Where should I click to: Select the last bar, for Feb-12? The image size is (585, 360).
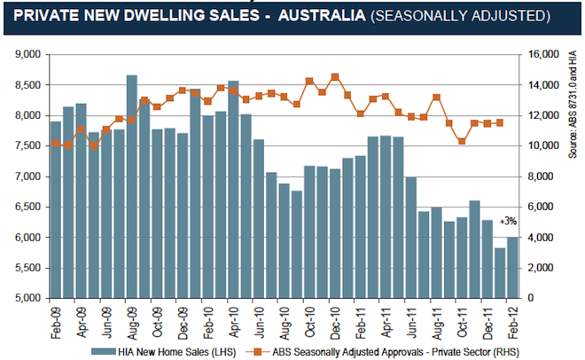tap(512, 267)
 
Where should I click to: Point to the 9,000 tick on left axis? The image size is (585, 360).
tap(29, 55)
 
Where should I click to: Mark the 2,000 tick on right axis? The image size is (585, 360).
tap(543, 268)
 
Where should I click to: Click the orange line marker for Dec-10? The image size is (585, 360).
tap(335, 77)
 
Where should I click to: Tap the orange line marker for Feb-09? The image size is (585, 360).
tap(55, 143)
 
